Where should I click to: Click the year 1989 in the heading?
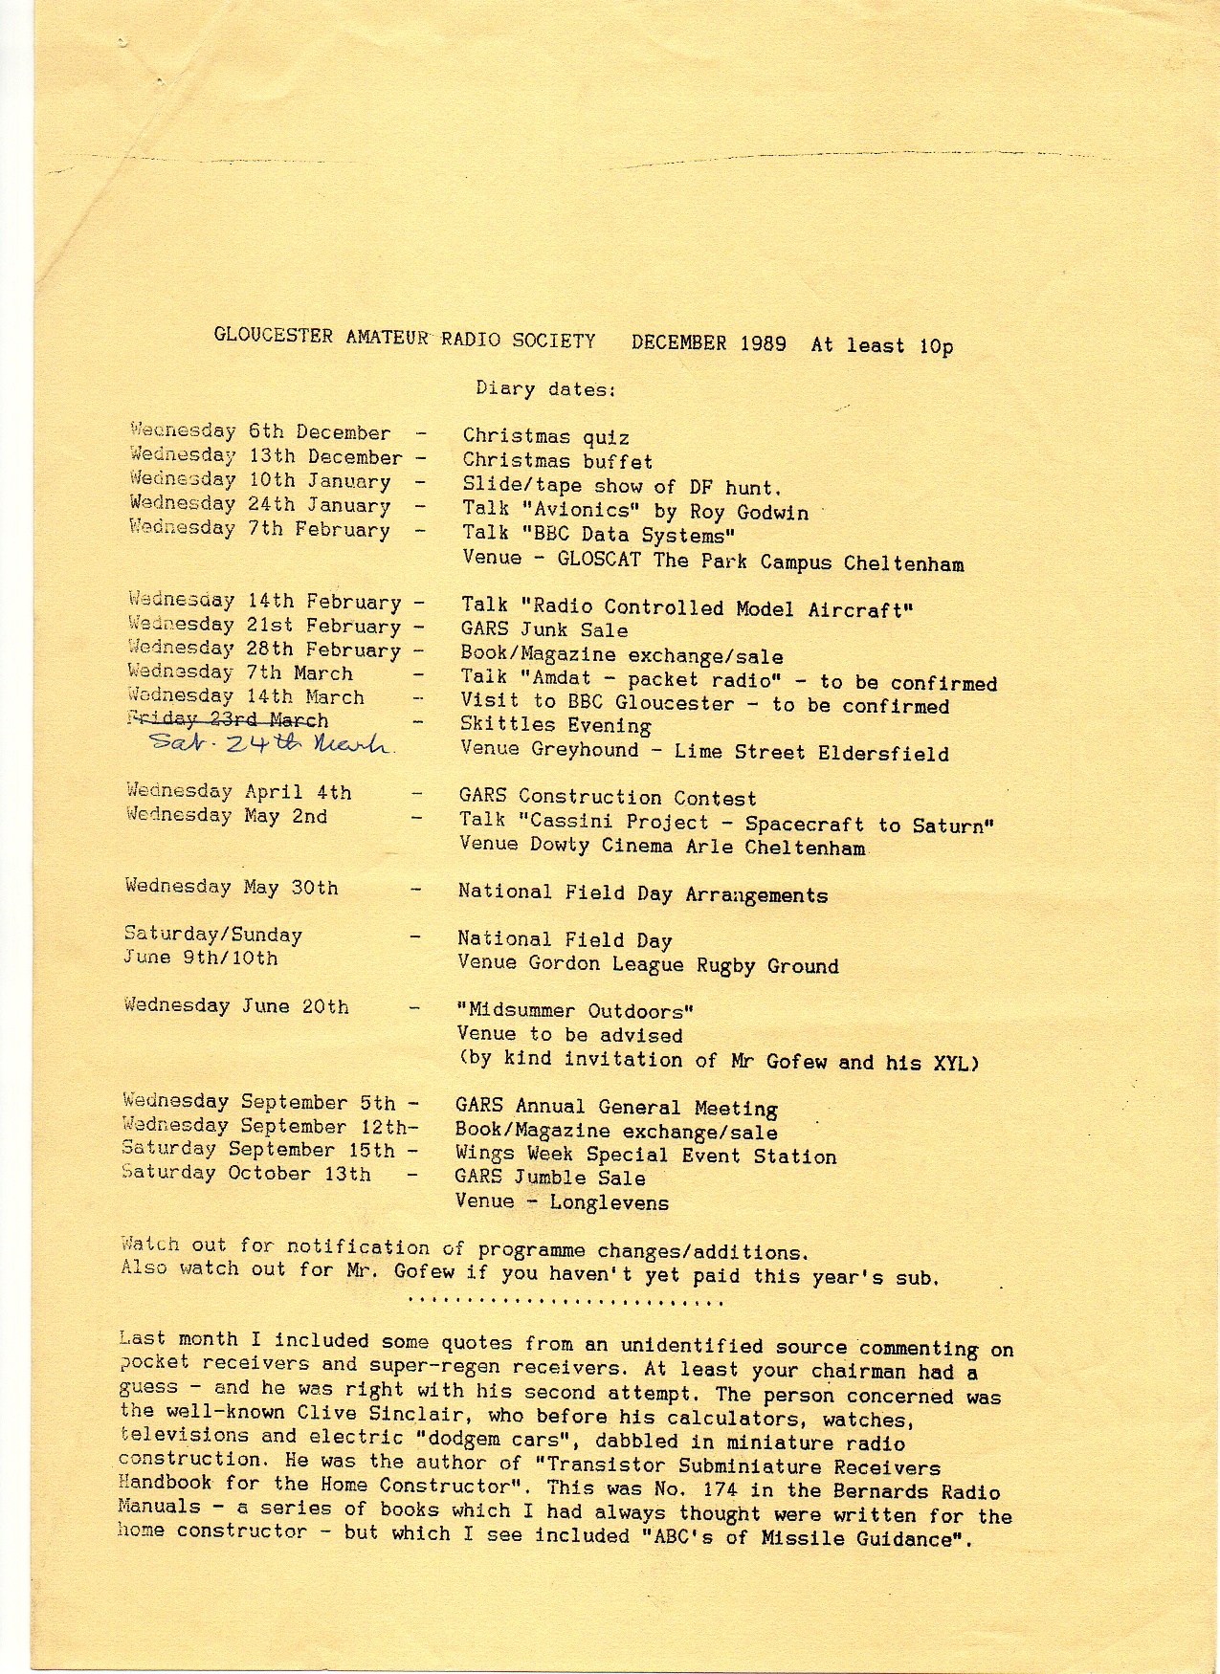(x=763, y=343)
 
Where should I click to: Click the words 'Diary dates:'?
(x=545, y=389)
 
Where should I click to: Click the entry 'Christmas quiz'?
(x=545, y=437)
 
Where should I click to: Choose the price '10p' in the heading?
(x=936, y=346)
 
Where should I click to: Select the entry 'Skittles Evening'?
(x=555, y=726)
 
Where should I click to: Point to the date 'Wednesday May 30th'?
(x=231, y=888)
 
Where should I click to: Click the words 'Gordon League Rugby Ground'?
(x=683, y=965)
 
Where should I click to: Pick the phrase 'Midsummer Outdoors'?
(x=575, y=1011)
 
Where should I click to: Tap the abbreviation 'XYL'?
(x=950, y=1063)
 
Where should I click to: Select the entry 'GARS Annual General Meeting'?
(x=616, y=1108)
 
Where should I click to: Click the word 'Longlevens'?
(x=610, y=1202)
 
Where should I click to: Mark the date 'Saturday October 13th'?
(x=246, y=1174)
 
